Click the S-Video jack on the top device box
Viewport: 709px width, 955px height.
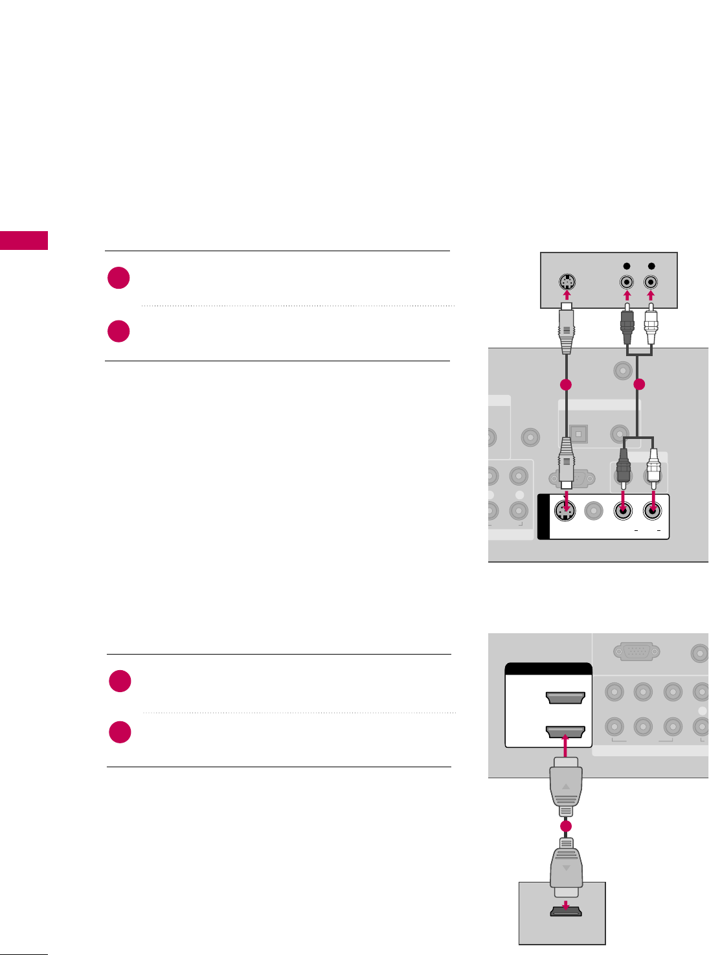pyautogui.click(x=567, y=282)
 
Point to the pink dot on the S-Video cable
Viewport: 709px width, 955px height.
pyautogui.click(x=566, y=385)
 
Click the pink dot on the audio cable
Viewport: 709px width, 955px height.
pyautogui.click(x=639, y=385)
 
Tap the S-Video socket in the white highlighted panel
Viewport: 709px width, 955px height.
pyautogui.click(x=566, y=511)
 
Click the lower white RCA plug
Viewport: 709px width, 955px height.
pyautogui.click(x=653, y=466)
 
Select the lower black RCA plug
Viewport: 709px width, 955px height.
pyautogui.click(x=623, y=466)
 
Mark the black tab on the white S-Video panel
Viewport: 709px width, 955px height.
pyautogui.click(x=543, y=517)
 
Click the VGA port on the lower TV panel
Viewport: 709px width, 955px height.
pyautogui.click(x=636, y=651)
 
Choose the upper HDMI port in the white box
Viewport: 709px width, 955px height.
pyautogui.click(x=565, y=698)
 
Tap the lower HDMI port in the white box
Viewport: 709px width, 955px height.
pyautogui.click(x=565, y=732)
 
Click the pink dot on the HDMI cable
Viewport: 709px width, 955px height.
pyautogui.click(x=565, y=827)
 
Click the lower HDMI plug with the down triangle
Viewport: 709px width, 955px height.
pyautogui.click(x=565, y=864)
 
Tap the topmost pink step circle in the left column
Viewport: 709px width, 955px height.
pyautogui.click(x=119, y=278)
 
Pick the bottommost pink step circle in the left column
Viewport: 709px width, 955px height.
pyautogui.click(x=120, y=732)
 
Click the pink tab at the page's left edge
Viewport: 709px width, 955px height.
pyautogui.click(x=24, y=240)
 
